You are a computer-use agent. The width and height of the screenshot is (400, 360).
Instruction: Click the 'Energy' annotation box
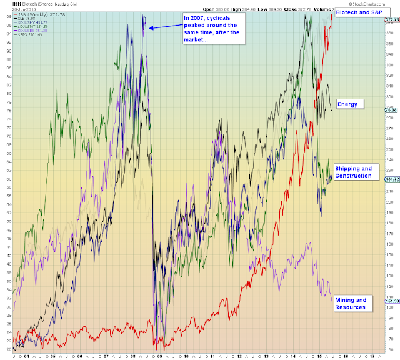point(350,103)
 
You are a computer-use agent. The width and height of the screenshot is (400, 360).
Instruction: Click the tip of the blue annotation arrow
point(147,27)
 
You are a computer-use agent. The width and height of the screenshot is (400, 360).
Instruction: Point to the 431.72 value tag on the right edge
point(392,179)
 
